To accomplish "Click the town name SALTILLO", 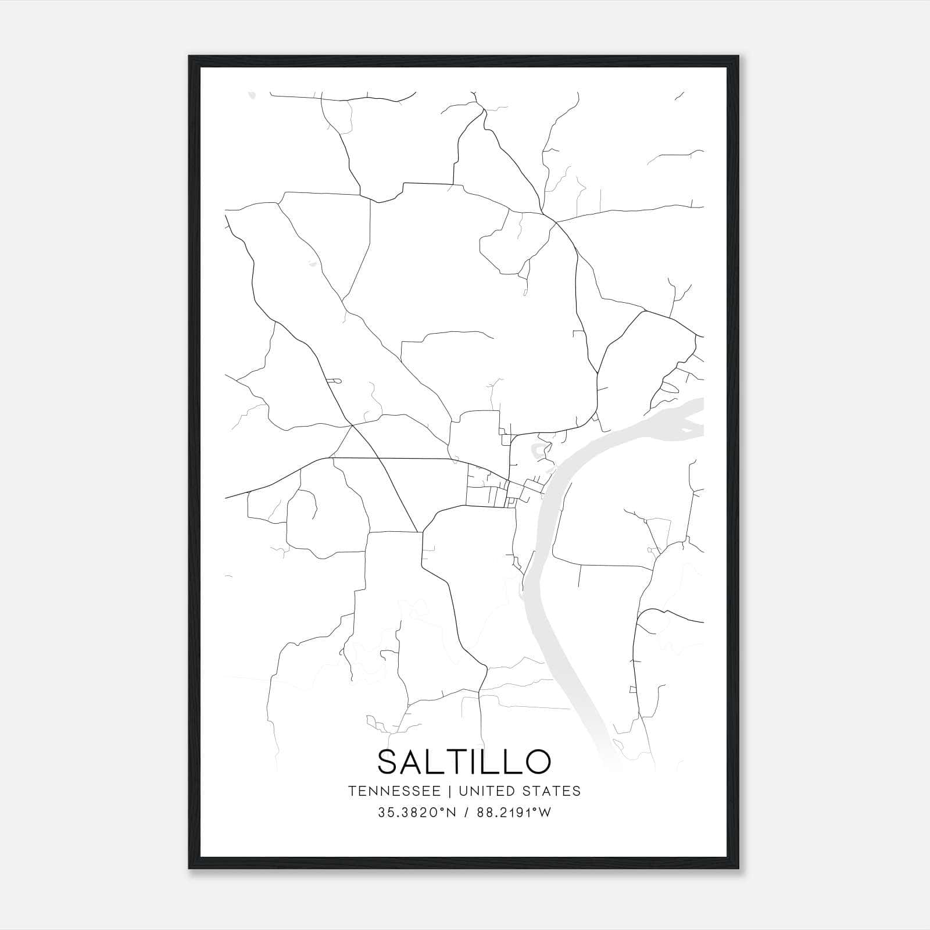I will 464,761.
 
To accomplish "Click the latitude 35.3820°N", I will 418,813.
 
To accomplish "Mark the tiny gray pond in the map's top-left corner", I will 251,94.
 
